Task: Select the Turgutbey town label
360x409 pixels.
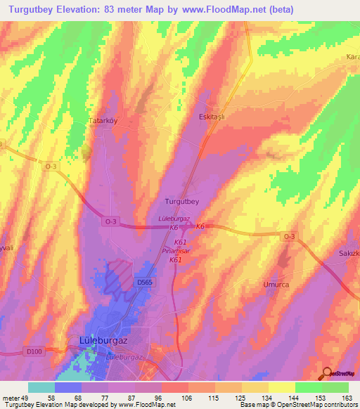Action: coord(182,201)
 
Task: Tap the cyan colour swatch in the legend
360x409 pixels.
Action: coord(41,387)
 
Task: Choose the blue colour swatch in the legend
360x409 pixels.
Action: coord(68,387)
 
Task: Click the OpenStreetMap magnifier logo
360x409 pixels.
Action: coord(328,373)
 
